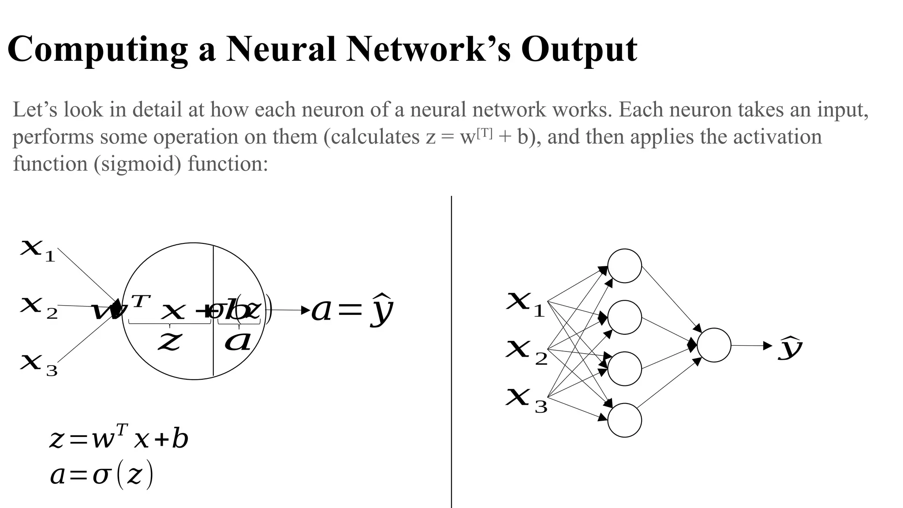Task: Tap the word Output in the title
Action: pos(578,49)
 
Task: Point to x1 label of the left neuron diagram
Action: pos(38,250)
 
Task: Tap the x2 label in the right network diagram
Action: pos(526,352)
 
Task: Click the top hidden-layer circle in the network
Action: pos(624,266)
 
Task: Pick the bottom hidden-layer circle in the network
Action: pos(624,420)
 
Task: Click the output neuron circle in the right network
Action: pos(714,345)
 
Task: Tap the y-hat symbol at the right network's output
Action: pos(790,348)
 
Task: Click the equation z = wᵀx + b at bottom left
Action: pos(119,438)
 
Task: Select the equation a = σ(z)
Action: pos(101,475)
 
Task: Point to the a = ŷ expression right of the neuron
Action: pos(352,310)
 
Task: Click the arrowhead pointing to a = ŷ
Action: pos(306,310)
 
